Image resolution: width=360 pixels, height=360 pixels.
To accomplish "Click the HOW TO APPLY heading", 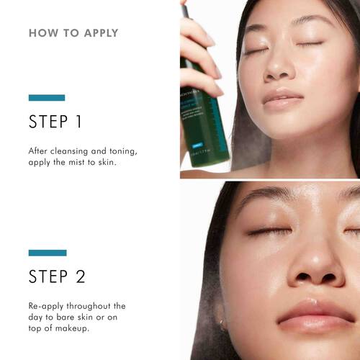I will click(73, 33).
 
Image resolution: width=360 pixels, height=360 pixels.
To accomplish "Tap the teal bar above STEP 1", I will click(47, 97).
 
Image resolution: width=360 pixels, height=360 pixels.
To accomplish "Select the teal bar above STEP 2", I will click(48, 253).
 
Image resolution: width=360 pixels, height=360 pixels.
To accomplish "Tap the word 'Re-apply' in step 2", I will click(47, 306).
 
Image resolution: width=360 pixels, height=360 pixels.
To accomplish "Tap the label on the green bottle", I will click(204, 119).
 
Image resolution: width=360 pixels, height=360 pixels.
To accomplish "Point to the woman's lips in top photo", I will click(283, 98).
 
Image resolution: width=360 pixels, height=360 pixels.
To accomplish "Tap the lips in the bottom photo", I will click(317, 313).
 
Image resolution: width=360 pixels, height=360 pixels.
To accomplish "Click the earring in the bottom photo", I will click(223, 325).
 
